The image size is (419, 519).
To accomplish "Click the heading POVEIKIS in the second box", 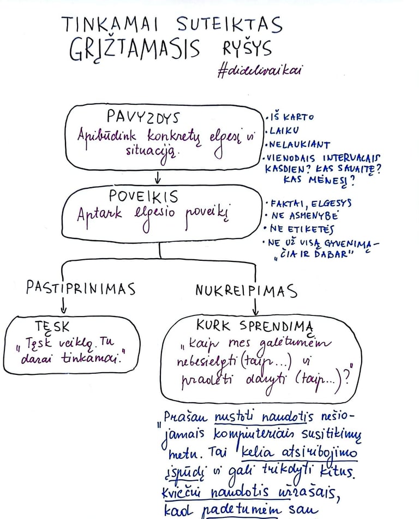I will click(x=143, y=196).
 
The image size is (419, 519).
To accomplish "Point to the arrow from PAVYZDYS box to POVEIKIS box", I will click(x=157, y=178).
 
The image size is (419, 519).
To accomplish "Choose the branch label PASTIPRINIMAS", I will click(x=81, y=288).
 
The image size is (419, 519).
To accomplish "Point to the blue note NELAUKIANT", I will click(x=298, y=145).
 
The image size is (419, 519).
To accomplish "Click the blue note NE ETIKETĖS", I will click(x=303, y=229).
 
